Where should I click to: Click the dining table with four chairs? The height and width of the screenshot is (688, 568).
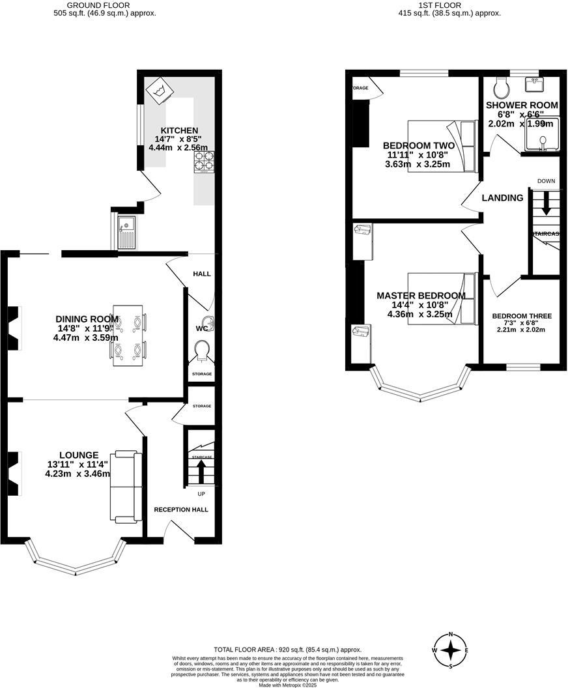(x=128, y=335)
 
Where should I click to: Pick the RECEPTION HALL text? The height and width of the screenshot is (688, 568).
(x=181, y=509)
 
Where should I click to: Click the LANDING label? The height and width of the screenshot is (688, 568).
(x=502, y=198)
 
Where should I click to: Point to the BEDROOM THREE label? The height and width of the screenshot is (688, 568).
(x=522, y=316)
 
